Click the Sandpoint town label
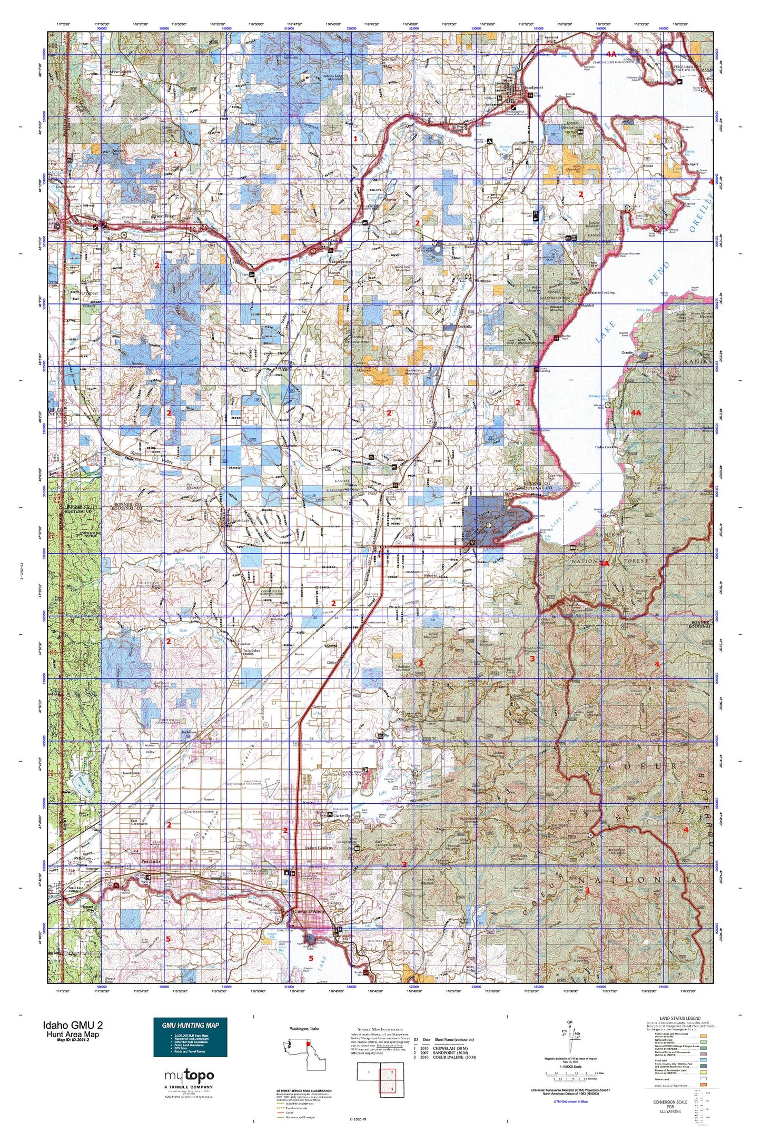[x=533, y=88]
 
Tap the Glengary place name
[x=691, y=164]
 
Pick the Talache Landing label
[x=600, y=292]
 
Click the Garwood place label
[x=319, y=706]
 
